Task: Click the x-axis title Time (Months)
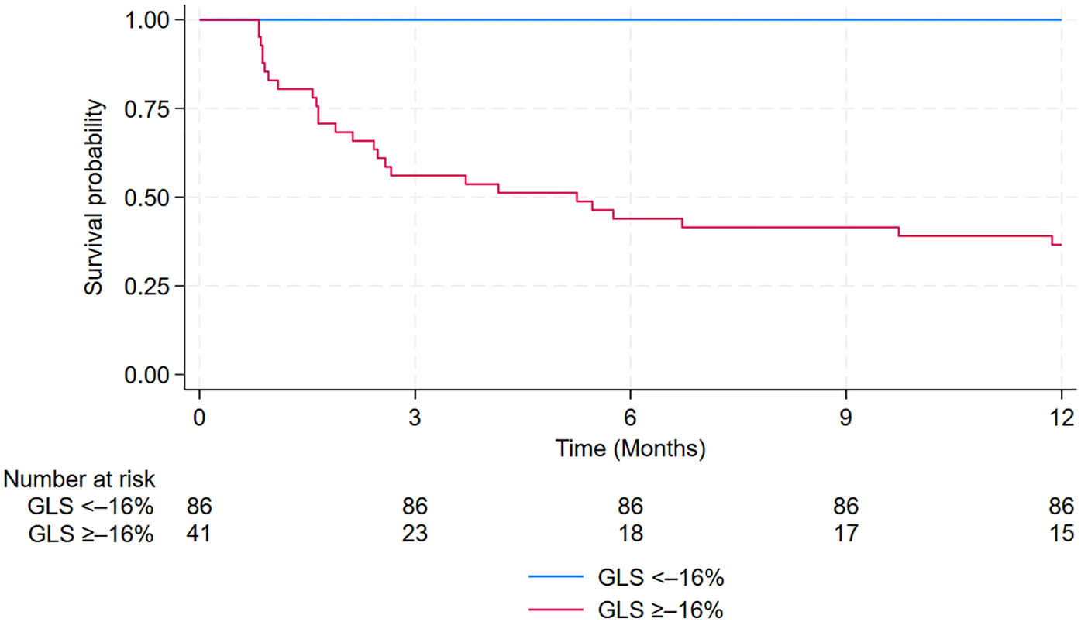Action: click(x=630, y=447)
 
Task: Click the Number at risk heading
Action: click(x=80, y=480)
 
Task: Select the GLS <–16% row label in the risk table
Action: click(x=91, y=507)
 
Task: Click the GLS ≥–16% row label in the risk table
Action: click(x=91, y=534)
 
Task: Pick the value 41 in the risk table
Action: click(x=199, y=534)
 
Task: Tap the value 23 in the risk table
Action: click(x=415, y=534)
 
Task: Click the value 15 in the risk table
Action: click(x=1061, y=534)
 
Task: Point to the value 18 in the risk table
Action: click(x=630, y=534)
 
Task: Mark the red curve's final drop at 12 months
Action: click(x=1052, y=241)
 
